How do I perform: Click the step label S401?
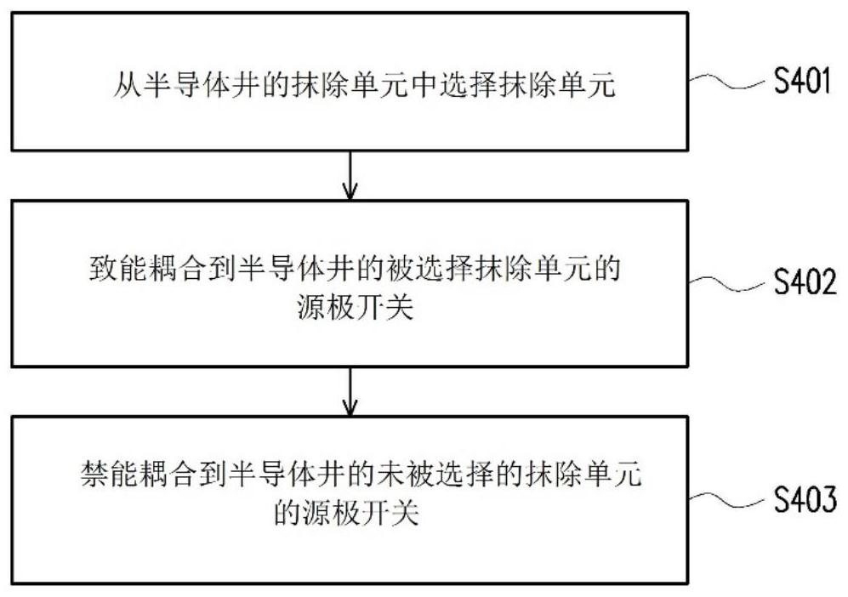click(801, 82)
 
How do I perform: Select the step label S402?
click(805, 281)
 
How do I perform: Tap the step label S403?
click(805, 499)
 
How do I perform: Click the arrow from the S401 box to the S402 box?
click(350, 175)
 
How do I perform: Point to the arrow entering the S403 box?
click(350, 392)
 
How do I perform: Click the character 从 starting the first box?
click(127, 85)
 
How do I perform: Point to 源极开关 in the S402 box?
click(356, 308)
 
